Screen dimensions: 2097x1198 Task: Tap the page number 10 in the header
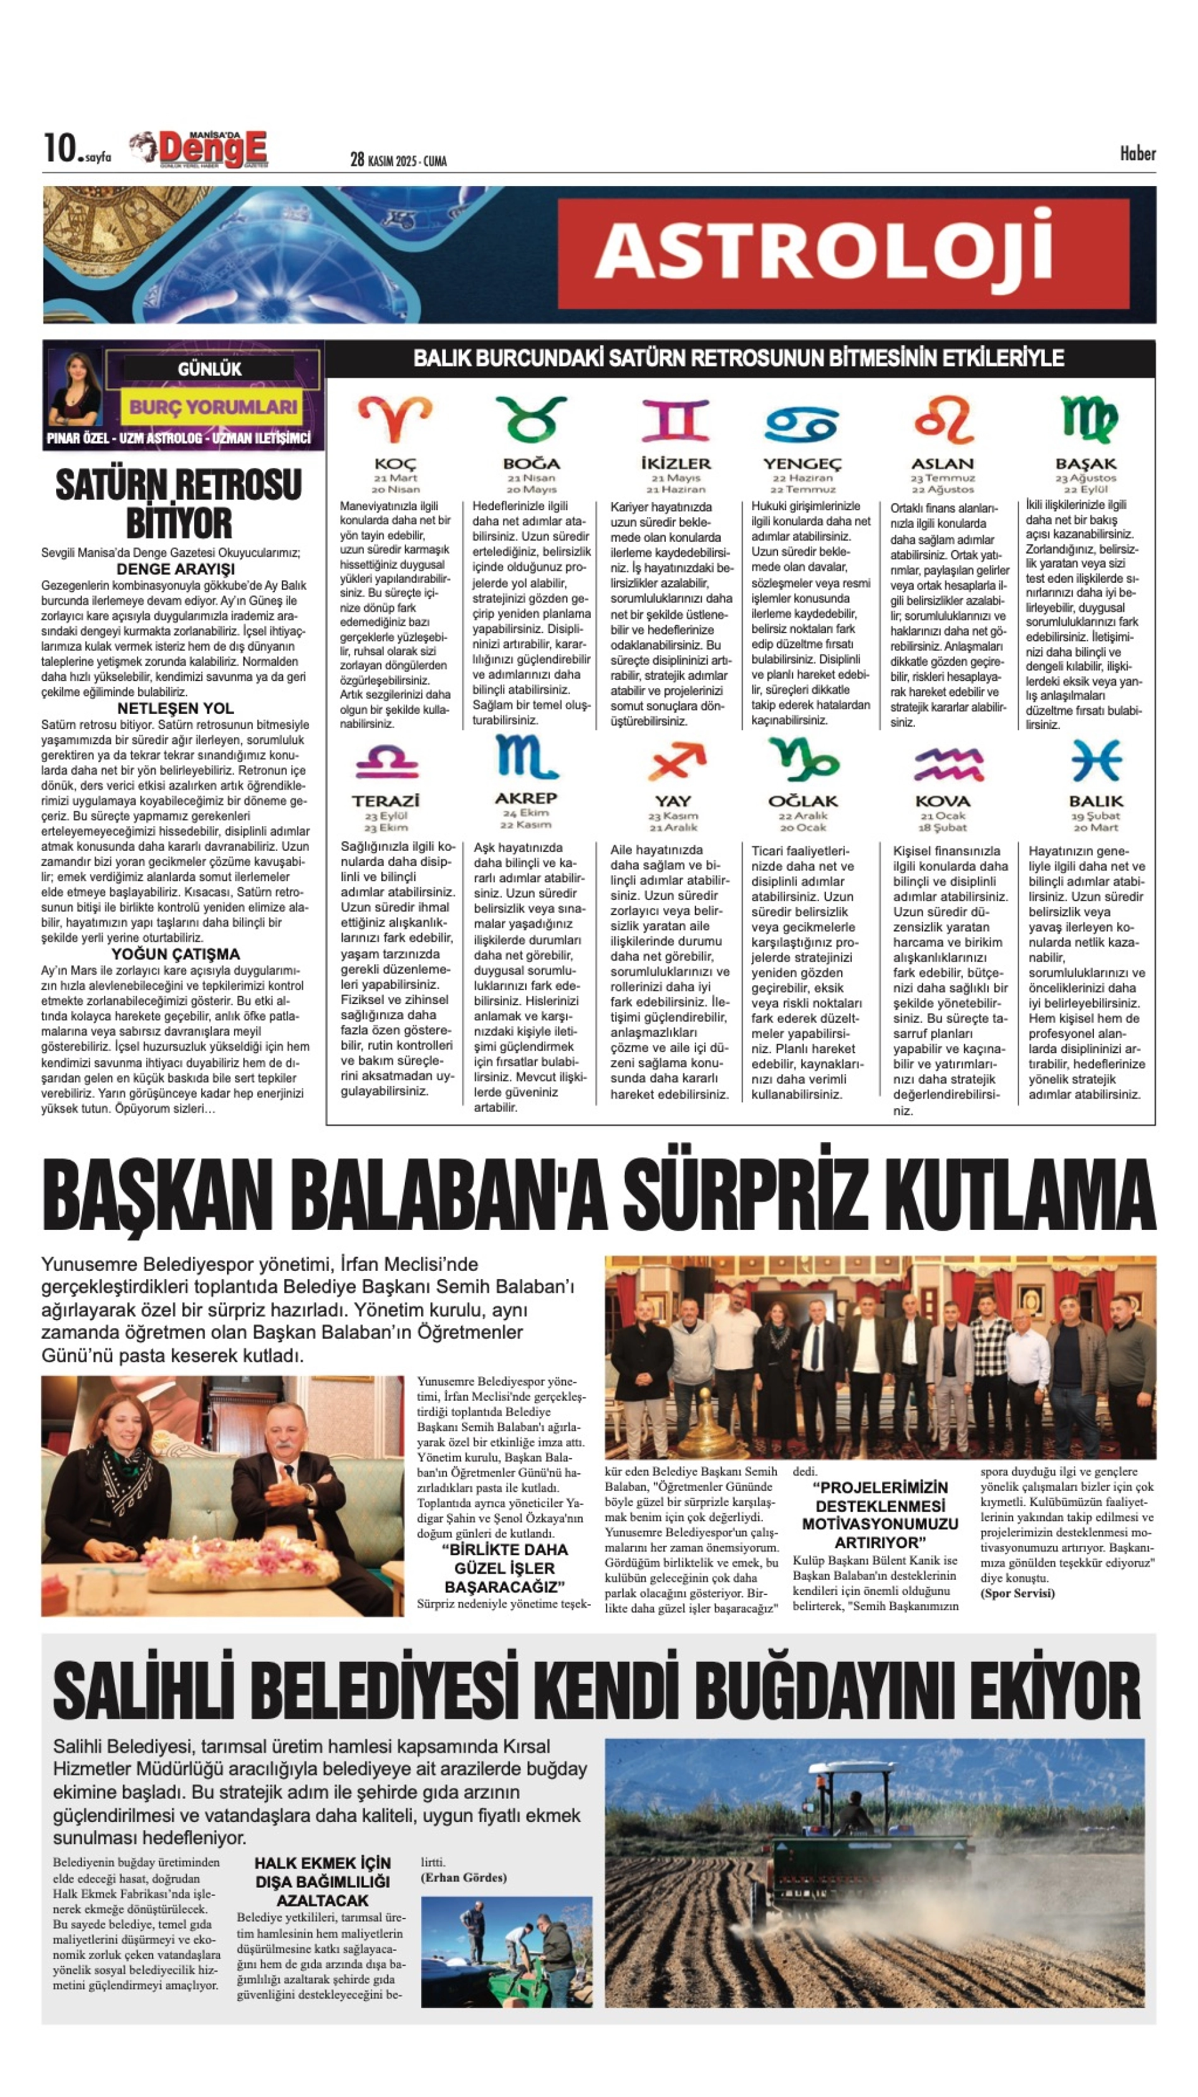point(60,149)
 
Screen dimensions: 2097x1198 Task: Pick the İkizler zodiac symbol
point(675,421)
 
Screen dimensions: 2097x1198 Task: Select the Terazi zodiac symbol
point(386,761)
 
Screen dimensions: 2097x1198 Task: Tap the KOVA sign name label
point(943,801)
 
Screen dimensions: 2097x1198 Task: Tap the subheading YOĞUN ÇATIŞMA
point(176,954)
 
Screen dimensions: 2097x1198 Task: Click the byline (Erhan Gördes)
point(463,1878)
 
